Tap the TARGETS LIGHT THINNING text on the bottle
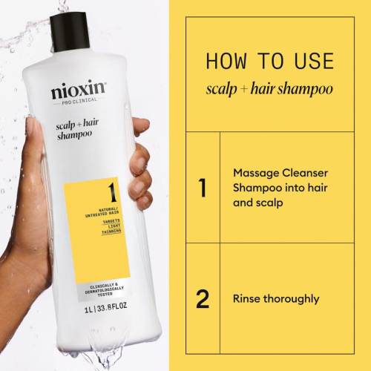pyautogui.click(x=112, y=228)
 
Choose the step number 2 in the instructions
pyautogui.click(x=202, y=299)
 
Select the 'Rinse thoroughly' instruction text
pyautogui.click(x=275, y=299)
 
